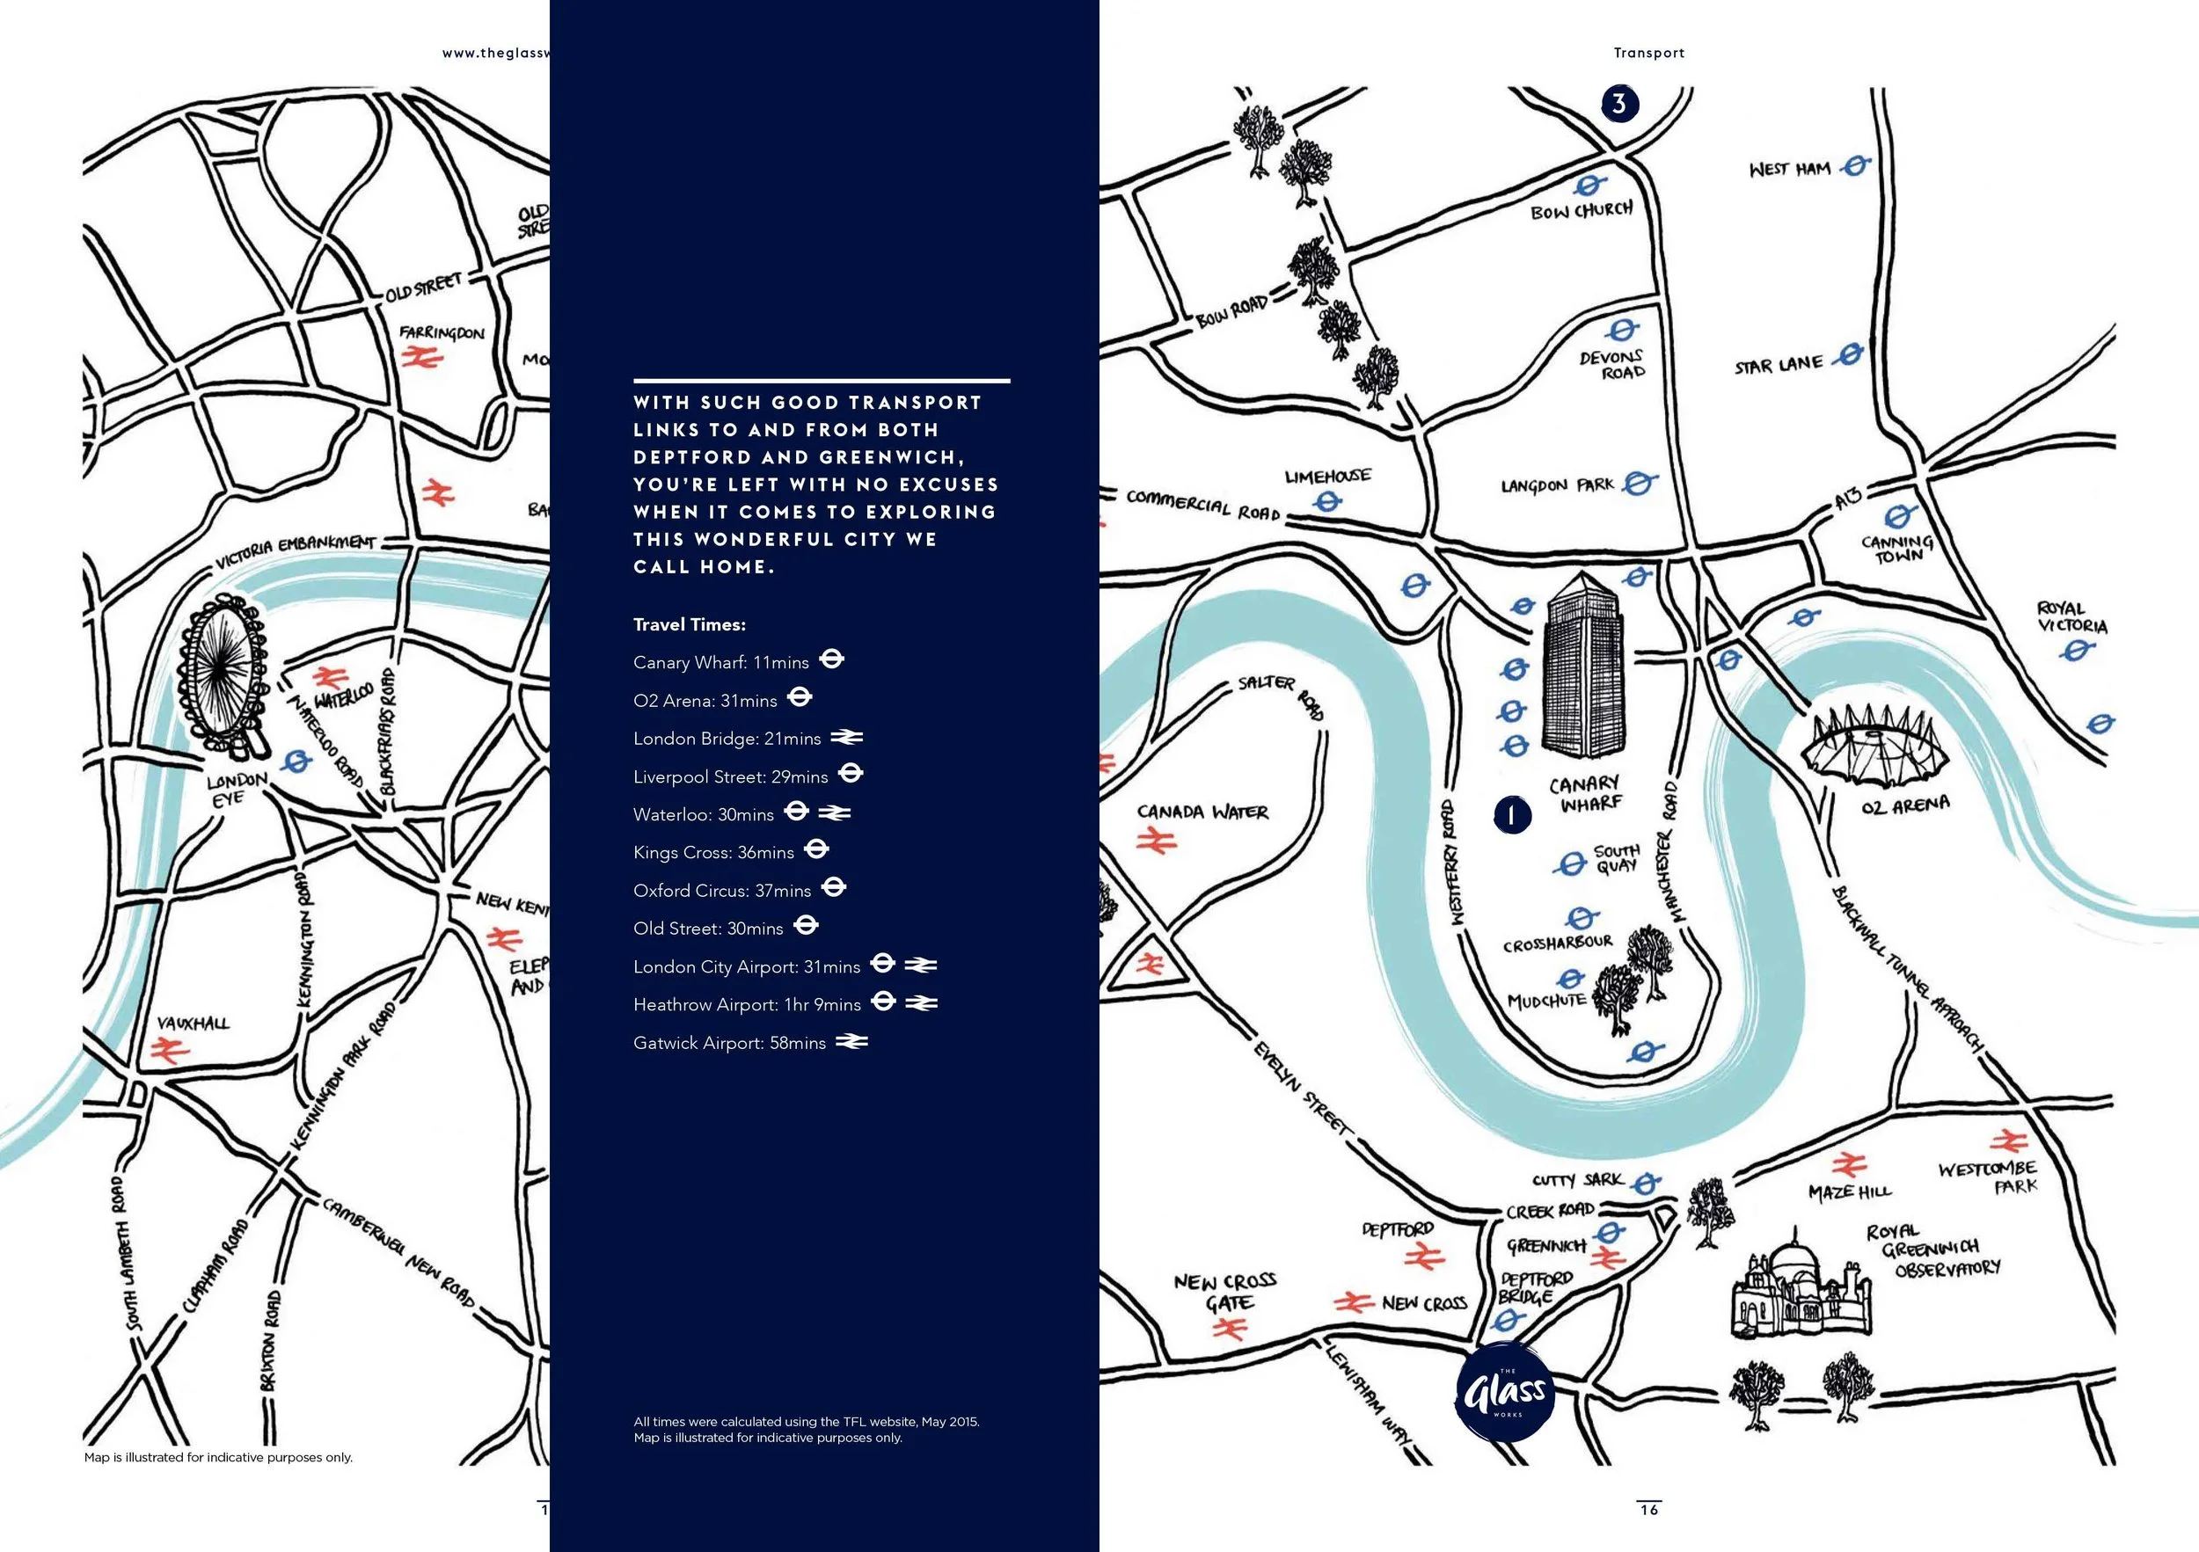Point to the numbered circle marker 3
tap(1618, 104)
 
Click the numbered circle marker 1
tap(1511, 815)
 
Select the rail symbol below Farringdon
tap(420, 358)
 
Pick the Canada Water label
tap(1202, 812)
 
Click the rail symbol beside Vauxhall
tap(171, 1052)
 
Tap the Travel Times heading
tap(689, 624)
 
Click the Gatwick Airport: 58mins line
tap(729, 1043)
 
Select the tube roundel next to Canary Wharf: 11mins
tap(831, 659)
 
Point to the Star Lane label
tap(1779, 366)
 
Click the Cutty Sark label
tap(1576, 1181)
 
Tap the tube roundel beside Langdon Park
tap(1639, 484)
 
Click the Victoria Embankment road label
tap(295, 550)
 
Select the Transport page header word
tap(1648, 53)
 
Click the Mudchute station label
tap(1545, 1002)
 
